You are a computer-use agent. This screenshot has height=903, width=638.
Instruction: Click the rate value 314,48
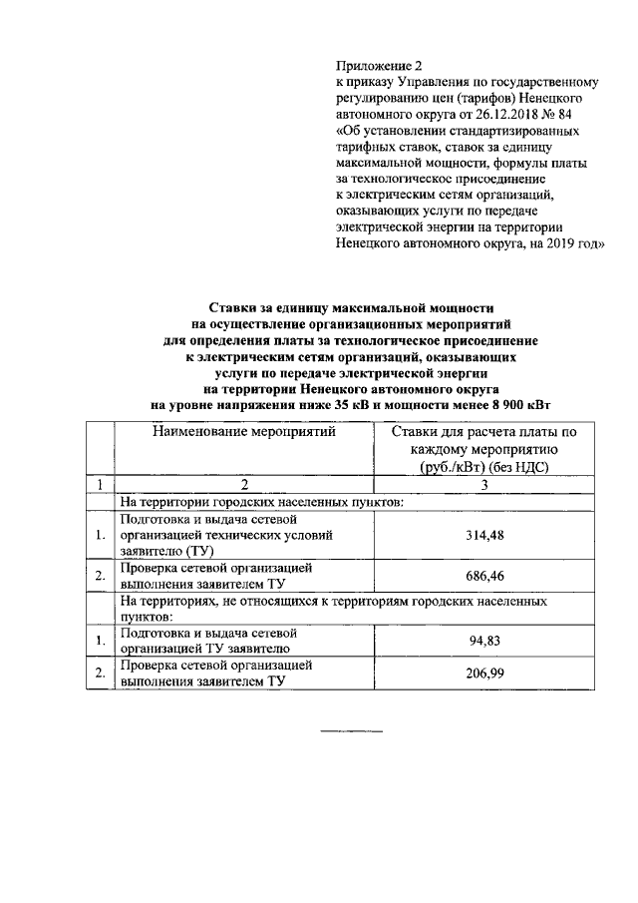tap(485, 536)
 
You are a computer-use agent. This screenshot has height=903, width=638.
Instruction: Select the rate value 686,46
tap(485, 576)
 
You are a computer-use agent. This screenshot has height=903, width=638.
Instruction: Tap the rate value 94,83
tap(485, 640)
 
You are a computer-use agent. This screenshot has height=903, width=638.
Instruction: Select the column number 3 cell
tap(484, 484)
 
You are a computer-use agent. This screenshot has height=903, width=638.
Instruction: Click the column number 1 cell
tap(99, 484)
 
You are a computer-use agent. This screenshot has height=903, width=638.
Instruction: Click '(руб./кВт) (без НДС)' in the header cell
tap(484, 465)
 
